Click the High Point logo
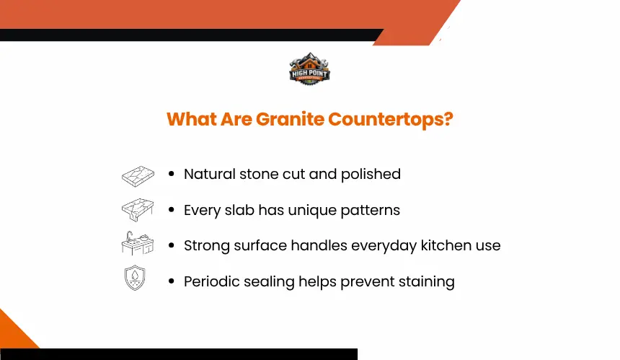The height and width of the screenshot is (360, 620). (x=309, y=69)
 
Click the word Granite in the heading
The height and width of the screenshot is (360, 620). (x=290, y=119)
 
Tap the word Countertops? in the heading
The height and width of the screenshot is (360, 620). (x=390, y=120)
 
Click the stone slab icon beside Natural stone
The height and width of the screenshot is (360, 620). (x=138, y=176)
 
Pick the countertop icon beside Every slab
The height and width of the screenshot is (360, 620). (x=138, y=210)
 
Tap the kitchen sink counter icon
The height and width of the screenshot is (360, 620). (x=137, y=243)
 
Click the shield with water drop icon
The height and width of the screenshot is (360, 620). (x=135, y=278)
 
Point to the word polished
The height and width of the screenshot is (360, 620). (x=371, y=175)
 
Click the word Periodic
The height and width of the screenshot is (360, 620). (x=211, y=281)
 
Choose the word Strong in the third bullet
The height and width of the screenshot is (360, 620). (x=207, y=246)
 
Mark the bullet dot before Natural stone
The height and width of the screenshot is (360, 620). (x=171, y=174)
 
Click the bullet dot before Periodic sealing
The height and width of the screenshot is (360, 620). (x=171, y=281)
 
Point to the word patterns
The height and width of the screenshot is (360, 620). (x=370, y=211)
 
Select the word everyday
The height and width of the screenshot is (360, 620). (x=384, y=246)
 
